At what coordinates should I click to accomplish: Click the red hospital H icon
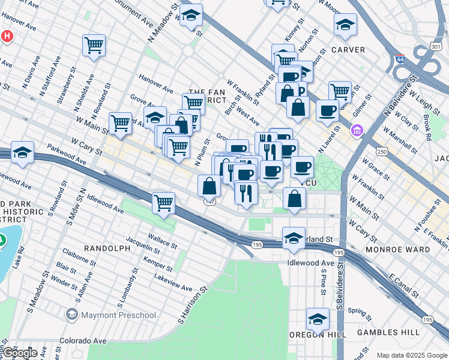pos(7,36)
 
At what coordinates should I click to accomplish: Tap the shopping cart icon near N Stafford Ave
pos(94,45)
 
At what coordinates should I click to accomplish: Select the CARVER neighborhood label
pos(348,50)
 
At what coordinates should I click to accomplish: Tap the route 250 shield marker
pos(381,153)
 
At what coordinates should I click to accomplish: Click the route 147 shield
pos(209,202)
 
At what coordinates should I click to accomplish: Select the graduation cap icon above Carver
pos(345,25)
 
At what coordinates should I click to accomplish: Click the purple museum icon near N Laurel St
pos(358,130)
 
